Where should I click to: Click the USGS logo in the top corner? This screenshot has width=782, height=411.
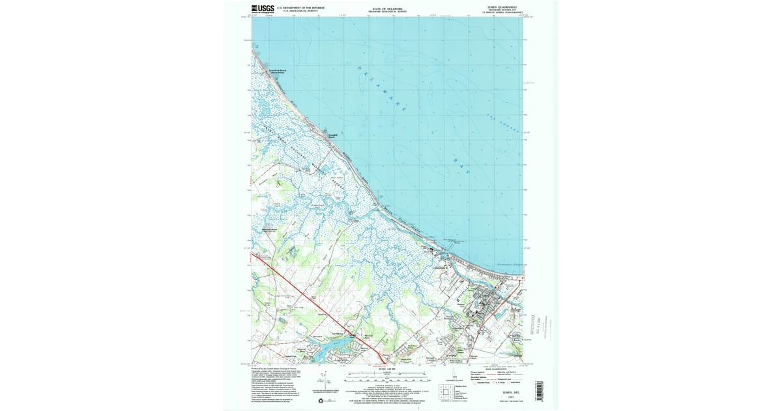pos(263,8)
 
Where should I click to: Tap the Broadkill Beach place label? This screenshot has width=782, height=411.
pos(332,136)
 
